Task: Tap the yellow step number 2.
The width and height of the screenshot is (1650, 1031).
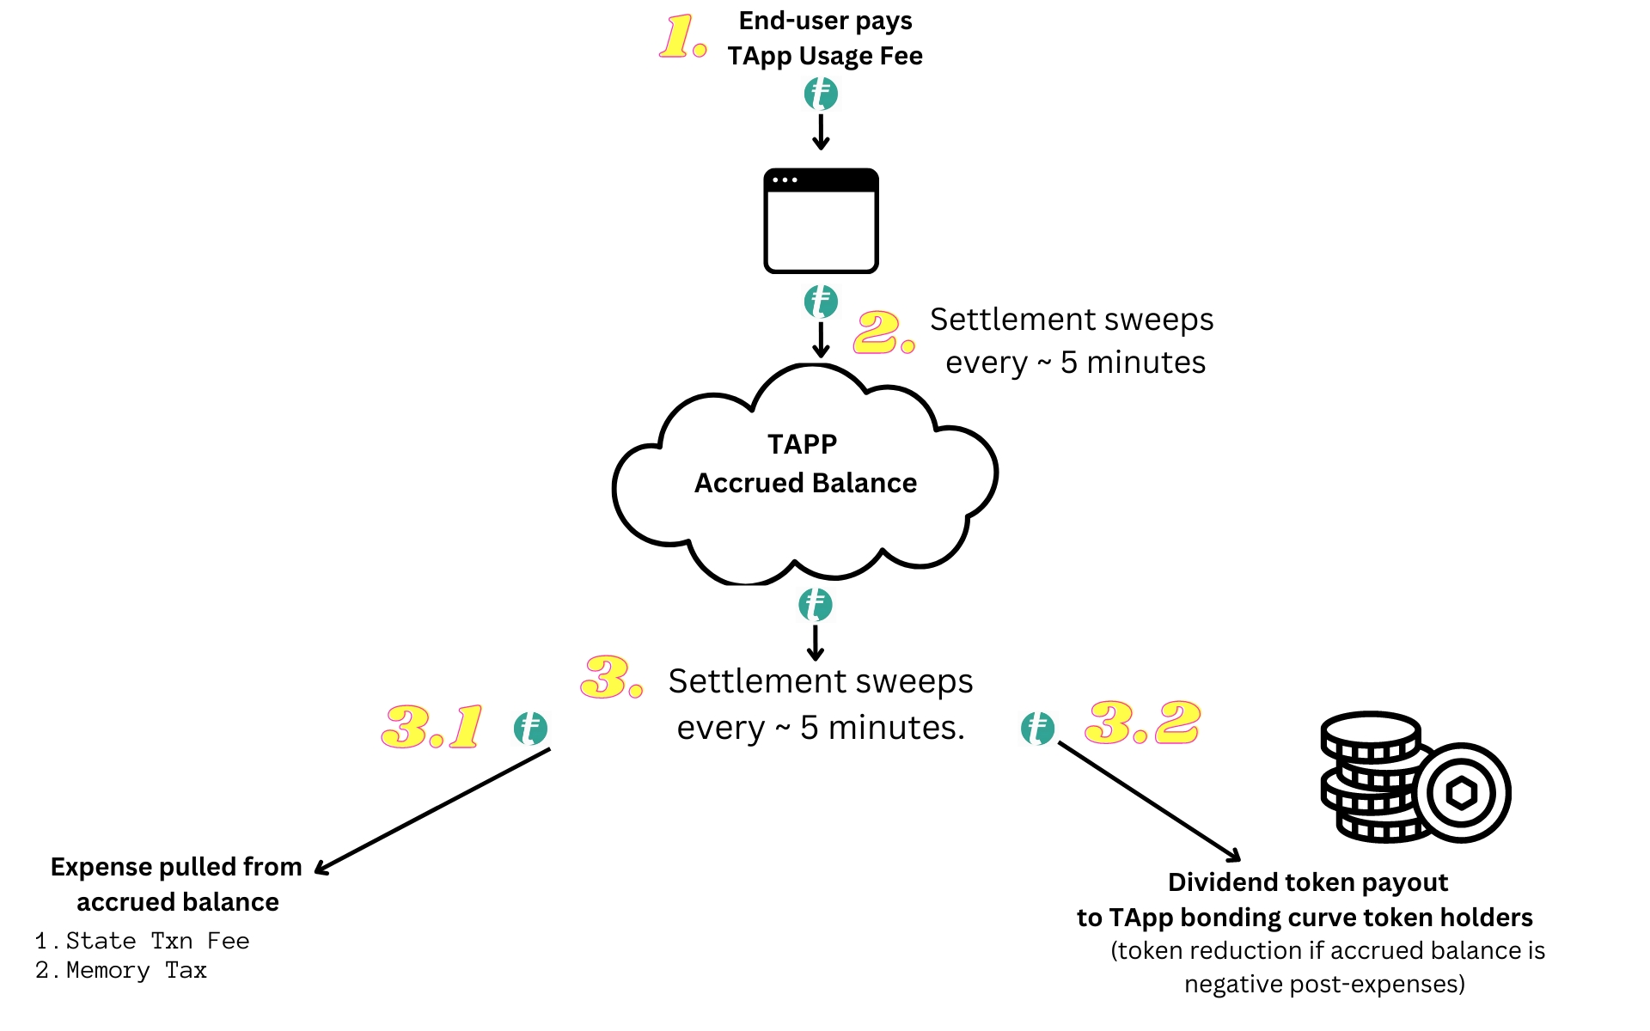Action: pos(883,332)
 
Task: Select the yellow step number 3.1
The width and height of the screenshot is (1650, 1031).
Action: pos(432,727)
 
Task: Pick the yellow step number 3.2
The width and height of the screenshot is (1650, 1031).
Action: pos(1142,723)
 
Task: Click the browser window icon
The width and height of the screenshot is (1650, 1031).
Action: pos(821,221)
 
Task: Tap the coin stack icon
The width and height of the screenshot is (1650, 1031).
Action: pos(1414,778)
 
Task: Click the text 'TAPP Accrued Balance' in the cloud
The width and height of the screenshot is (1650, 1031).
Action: pos(804,464)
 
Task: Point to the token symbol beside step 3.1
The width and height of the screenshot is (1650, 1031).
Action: pos(530,729)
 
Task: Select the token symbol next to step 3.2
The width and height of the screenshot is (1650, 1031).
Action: pos(1037,729)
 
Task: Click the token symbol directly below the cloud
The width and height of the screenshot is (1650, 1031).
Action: pos(815,605)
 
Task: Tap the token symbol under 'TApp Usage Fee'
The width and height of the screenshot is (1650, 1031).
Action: pos(821,94)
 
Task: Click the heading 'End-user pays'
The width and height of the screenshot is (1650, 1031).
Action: pos(825,21)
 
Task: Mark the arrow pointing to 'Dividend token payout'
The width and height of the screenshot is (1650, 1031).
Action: pos(1149,802)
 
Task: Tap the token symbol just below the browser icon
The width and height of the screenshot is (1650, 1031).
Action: pos(821,302)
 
